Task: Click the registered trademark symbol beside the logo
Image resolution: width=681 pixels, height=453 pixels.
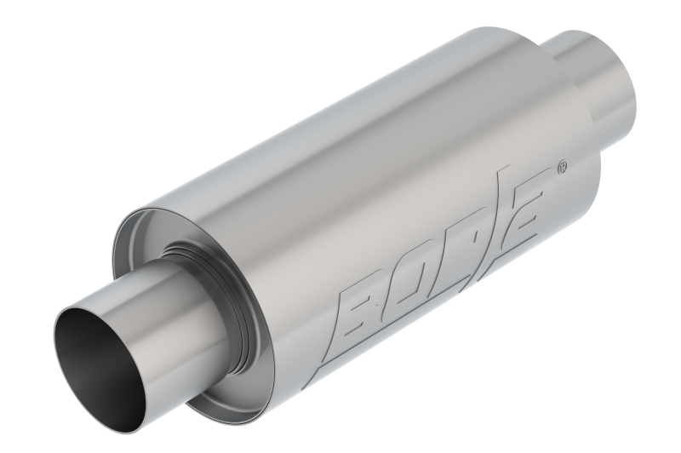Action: point(561,168)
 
